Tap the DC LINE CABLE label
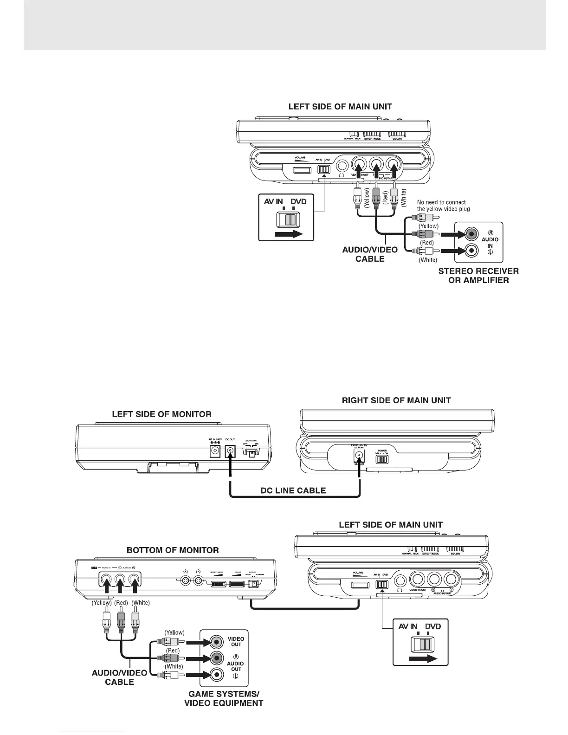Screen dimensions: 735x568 click(x=293, y=490)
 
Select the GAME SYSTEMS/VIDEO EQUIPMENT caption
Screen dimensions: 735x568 click(x=224, y=698)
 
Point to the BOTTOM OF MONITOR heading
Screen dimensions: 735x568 click(x=173, y=550)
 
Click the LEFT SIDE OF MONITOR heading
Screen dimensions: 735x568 click(x=161, y=414)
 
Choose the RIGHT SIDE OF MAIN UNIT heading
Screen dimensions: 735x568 click(x=396, y=400)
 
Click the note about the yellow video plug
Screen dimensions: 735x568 click(x=443, y=206)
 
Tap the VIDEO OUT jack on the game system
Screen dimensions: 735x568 click(x=216, y=642)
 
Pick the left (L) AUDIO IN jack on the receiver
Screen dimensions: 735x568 click(x=472, y=251)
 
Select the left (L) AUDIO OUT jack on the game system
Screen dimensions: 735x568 click(x=216, y=675)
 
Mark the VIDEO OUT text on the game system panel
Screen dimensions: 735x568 click(x=236, y=642)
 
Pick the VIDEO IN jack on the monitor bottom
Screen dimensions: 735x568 click(x=106, y=580)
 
